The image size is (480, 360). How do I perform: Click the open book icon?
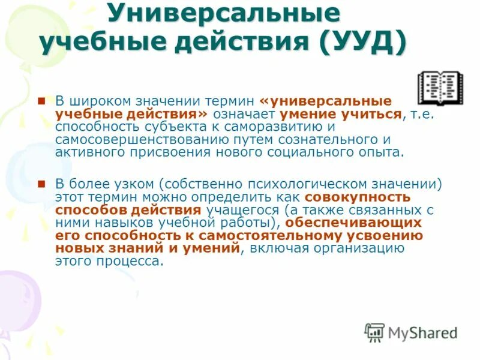point(440,88)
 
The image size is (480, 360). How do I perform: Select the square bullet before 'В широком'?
point(41,100)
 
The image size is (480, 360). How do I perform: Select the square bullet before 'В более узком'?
point(41,183)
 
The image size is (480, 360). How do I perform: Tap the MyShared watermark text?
point(422,332)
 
